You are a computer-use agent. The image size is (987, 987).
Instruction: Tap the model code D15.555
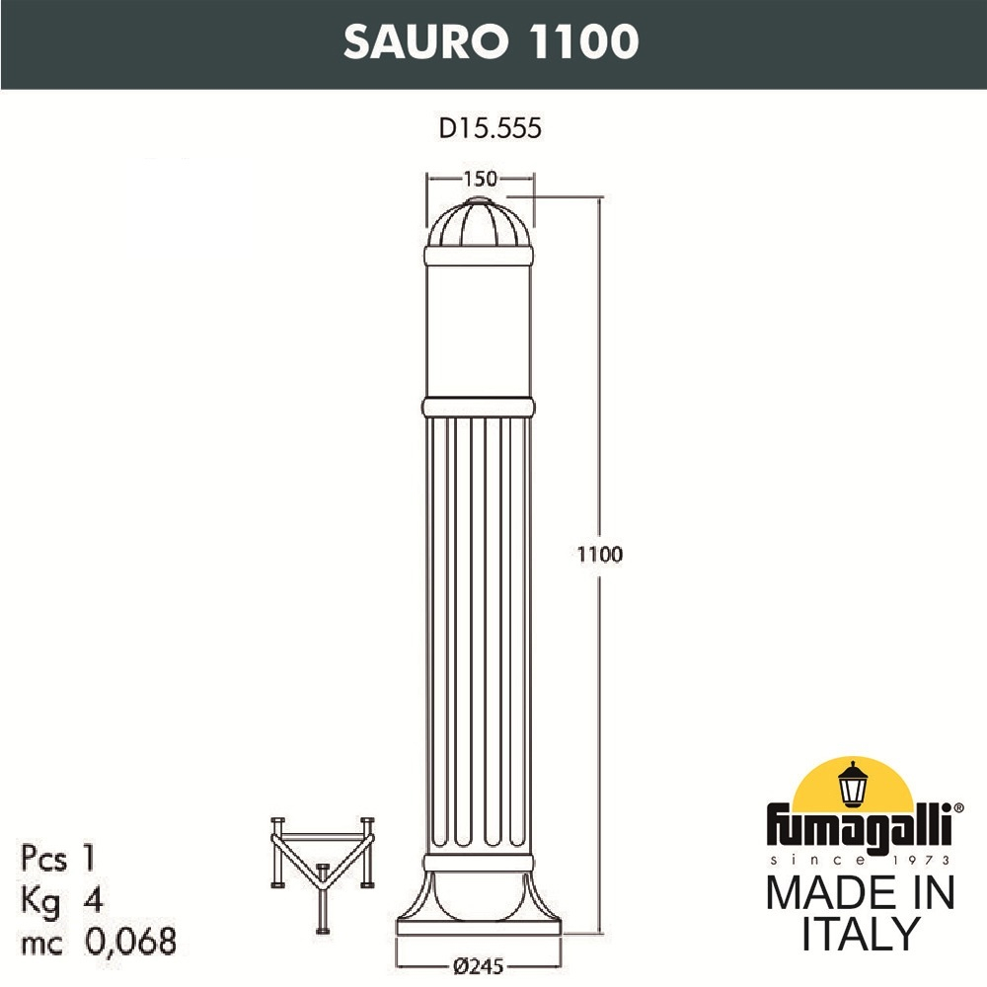pyautogui.click(x=491, y=128)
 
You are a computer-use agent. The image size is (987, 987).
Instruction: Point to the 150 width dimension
pyautogui.click(x=479, y=179)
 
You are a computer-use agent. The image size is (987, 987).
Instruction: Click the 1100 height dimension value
pyautogui.click(x=600, y=554)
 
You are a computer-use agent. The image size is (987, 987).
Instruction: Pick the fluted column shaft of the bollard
pyautogui.click(x=479, y=632)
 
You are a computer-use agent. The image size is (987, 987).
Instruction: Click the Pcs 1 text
pyautogui.click(x=60, y=858)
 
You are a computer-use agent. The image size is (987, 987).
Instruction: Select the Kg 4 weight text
pyautogui.click(x=60, y=899)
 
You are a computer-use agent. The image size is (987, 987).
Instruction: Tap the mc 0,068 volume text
pyautogui.click(x=98, y=941)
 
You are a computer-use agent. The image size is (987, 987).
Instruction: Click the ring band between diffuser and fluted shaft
pyautogui.click(x=479, y=407)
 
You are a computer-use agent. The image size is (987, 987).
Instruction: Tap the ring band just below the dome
pyautogui.click(x=479, y=256)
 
